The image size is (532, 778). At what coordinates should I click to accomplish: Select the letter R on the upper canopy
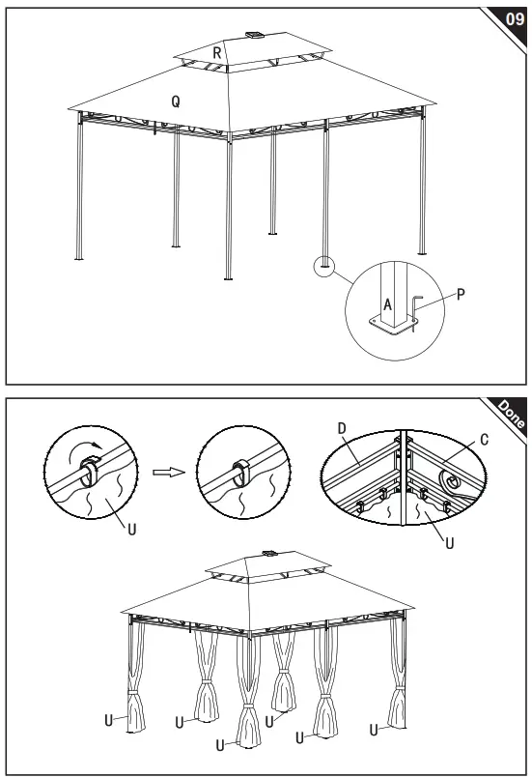(x=218, y=54)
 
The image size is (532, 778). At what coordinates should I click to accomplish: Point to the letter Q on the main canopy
(x=175, y=101)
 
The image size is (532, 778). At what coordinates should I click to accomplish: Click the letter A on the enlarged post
(x=387, y=303)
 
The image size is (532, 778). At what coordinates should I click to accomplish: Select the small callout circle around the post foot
(x=324, y=265)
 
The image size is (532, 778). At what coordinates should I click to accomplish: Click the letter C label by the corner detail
(x=484, y=440)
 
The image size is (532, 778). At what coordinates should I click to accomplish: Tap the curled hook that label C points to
(x=450, y=480)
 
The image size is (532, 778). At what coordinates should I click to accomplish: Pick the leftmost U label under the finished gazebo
(x=108, y=720)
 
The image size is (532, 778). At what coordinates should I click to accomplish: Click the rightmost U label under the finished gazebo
(x=373, y=729)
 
